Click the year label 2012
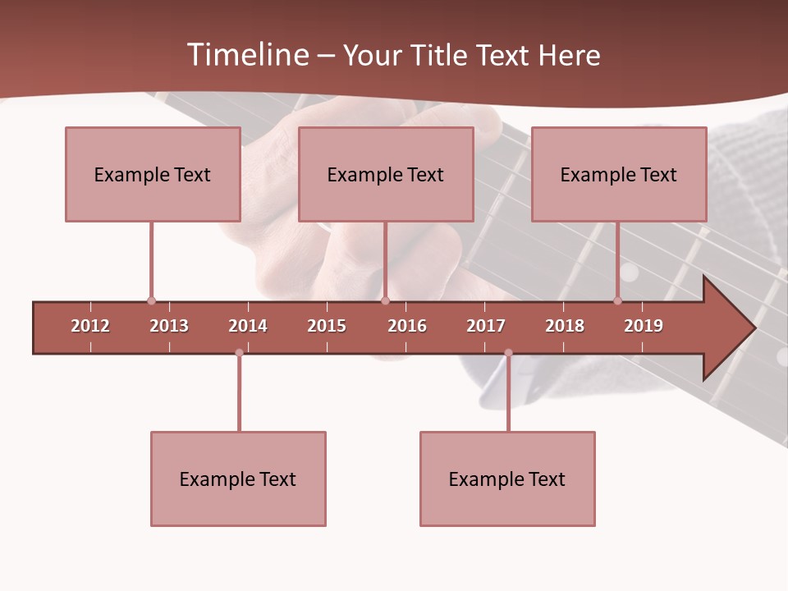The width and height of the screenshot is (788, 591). (x=90, y=326)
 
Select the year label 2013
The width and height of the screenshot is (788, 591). (x=169, y=326)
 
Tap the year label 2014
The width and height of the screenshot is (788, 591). (x=248, y=326)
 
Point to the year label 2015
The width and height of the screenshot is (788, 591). (x=327, y=326)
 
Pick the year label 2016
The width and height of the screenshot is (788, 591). (x=407, y=326)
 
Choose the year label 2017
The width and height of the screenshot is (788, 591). (x=486, y=326)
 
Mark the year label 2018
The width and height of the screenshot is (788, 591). (x=565, y=326)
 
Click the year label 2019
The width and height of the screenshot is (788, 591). (x=644, y=326)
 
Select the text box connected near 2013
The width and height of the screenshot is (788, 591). (x=153, y=174)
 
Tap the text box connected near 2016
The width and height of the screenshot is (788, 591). (x=386, y=174)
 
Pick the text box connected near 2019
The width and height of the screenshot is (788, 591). (x=619, y=174)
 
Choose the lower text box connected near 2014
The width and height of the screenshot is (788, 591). (x=238, y=479)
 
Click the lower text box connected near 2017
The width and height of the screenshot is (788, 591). (x=507, y=479)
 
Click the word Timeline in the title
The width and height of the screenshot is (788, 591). (x=247, y=55)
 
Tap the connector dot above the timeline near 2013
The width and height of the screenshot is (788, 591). (x=151, y=300)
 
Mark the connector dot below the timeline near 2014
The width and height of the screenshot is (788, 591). (x=239, y=353)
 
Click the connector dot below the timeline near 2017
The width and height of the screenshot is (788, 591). (x=508, y=353)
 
